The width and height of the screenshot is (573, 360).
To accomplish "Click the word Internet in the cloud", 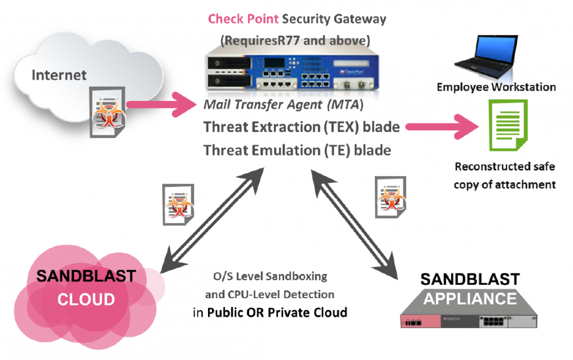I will click(60, 75).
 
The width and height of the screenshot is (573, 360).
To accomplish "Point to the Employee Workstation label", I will click(496, 87).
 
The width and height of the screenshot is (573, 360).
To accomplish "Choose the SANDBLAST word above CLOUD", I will click(86, 276).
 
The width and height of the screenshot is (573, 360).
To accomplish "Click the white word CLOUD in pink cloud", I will click(87, 299).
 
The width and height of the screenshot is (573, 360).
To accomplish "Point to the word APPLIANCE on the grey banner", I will click(470, 299).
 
